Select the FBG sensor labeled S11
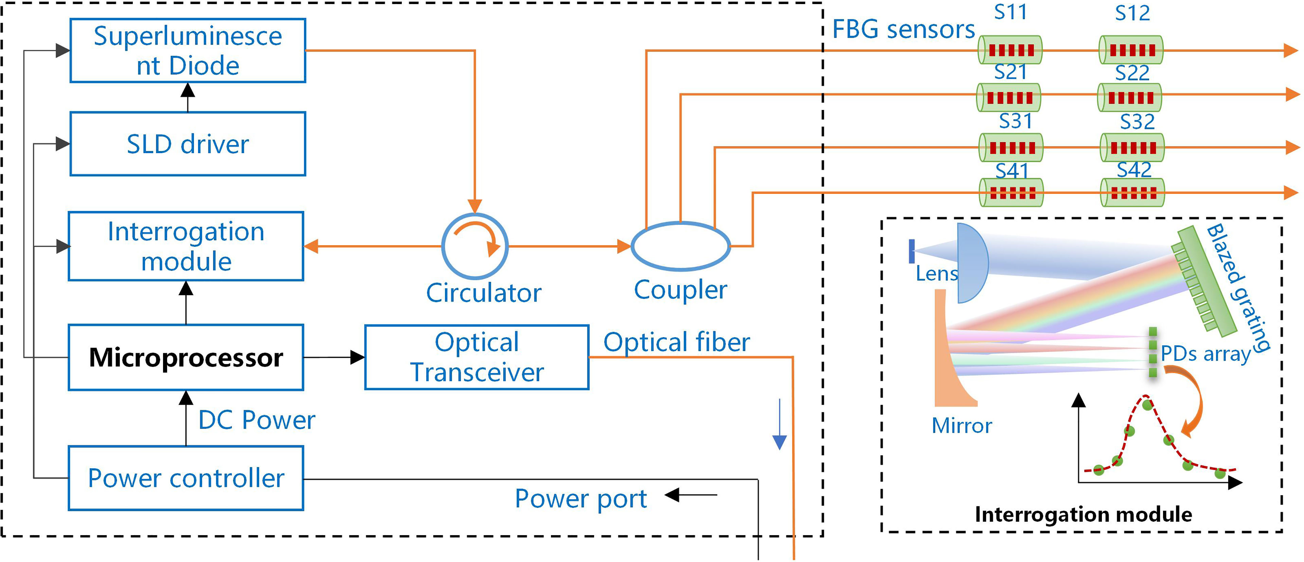(1010, 50)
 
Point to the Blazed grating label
(1238, 287)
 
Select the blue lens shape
(972, 263)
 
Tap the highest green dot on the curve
(1147, 405)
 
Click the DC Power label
(257, 420)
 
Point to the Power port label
(580, 499)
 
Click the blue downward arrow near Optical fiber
(780, 424)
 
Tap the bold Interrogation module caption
(1083, 514)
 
